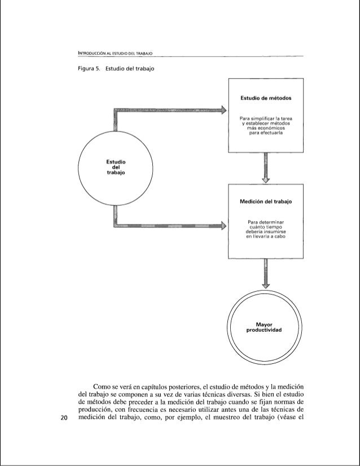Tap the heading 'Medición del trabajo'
pos(266,202)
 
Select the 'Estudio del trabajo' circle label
pos(115,168)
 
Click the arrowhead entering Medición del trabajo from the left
pos(223,226)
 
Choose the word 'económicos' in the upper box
pos(265,129)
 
